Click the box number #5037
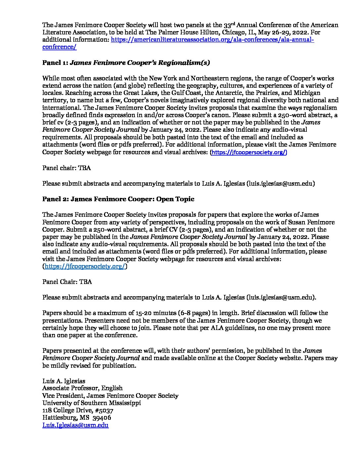(105, 411)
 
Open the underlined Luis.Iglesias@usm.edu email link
(75, 426)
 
